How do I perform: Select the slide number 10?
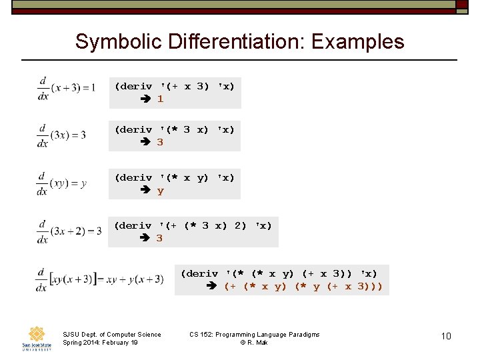(446, 336)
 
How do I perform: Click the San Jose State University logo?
(36, 338)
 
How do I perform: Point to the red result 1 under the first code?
(160, 99)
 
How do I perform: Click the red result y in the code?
(160, 191)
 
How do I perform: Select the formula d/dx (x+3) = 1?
(67, 87)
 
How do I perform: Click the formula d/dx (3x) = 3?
(62, 135)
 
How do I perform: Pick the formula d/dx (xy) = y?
(62, 183)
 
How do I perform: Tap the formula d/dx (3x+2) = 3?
(70, 231)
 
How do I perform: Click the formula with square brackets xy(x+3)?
(100, 279)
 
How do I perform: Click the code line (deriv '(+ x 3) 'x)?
(175, 87)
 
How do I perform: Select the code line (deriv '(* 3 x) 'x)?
(175, 129)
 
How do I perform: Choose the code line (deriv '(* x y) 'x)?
(175, 178)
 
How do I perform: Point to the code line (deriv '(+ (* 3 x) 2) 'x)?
(193, 226)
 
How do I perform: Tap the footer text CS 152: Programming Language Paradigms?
(254, 334)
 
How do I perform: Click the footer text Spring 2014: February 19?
(100, 343)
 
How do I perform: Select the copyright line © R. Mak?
(254, 343)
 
